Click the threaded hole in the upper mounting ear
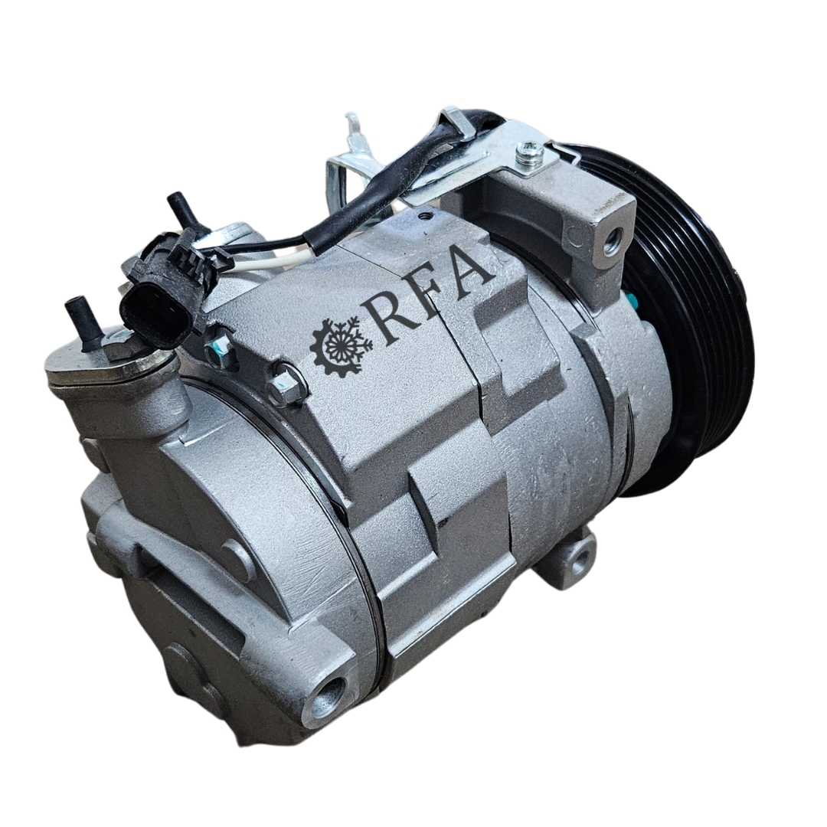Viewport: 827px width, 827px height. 614,240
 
